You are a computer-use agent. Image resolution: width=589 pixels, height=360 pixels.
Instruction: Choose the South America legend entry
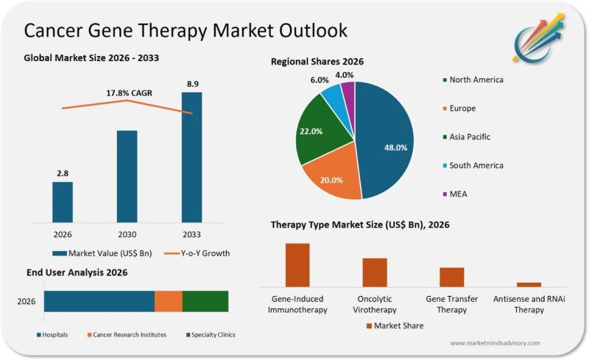[471, 166]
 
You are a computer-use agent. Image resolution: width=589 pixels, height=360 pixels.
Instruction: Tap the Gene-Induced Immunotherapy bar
[297, 264]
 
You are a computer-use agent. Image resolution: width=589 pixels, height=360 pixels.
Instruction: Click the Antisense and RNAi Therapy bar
[529, 284]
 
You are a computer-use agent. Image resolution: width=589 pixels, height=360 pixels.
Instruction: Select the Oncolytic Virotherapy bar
[375, 272]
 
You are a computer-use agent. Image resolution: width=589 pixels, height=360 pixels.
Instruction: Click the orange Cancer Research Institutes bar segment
[168, 301]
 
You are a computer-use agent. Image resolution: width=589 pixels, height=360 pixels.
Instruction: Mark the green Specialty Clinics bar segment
[205, 301]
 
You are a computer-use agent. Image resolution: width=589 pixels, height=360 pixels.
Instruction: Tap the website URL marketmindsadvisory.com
[495, 343]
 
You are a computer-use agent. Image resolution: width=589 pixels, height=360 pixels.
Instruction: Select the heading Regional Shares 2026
[317, 62]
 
